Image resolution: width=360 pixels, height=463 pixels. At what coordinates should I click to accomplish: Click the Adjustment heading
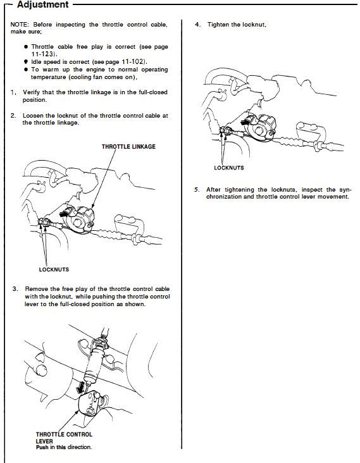click(43, 4)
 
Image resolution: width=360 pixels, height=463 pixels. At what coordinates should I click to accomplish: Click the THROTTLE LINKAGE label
click(128, 147)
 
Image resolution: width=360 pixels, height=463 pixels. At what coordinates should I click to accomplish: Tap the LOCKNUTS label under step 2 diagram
click(54, 269)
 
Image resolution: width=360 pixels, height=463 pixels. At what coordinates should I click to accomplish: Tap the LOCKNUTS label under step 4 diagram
click(229, 168)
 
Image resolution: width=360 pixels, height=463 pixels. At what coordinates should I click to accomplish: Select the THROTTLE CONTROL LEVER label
click(64, 438)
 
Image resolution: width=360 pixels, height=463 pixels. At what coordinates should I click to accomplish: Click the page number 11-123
click(43, 54)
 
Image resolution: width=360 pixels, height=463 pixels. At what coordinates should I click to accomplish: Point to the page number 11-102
click(133, 62)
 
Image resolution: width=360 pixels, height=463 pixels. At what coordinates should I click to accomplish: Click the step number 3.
click(15, 289)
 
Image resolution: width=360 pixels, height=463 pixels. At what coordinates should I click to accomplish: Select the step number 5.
click(197, 190)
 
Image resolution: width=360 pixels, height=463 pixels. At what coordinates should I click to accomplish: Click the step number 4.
click(197, 25)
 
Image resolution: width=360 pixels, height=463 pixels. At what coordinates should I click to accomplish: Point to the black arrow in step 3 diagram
click(80, 387)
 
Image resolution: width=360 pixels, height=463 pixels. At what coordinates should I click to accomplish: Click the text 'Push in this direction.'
click(64, 447)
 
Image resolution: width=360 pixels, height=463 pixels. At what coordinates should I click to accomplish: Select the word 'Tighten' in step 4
click(218, 25)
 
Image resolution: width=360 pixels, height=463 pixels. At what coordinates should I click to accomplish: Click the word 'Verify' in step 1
click(31, 92)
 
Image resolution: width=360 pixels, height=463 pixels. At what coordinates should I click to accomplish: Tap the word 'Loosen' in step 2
click(33, 116)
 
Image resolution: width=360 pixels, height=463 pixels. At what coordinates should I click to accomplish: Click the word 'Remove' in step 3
click(35, 289)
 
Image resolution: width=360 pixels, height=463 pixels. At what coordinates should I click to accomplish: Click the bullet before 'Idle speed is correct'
click(26, 62)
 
